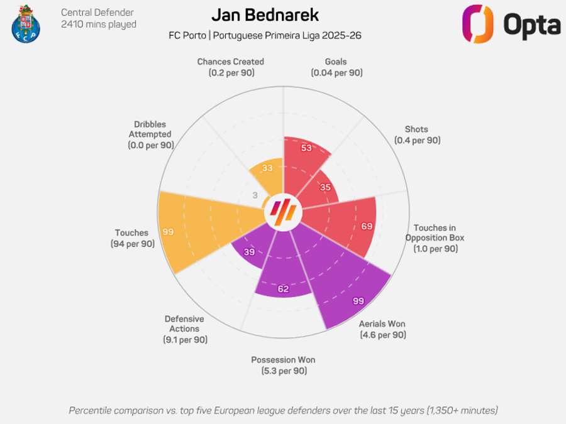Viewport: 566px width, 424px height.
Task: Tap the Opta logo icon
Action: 478,24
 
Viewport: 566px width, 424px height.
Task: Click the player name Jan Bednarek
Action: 265,15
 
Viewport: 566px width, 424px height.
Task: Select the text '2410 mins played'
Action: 99,24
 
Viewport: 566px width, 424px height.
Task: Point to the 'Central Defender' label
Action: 97,13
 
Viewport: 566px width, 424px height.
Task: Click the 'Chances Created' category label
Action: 230,62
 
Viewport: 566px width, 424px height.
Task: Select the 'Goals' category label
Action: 336,62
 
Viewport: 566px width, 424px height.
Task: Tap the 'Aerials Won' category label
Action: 382,324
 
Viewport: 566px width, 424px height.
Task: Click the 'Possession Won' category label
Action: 283,360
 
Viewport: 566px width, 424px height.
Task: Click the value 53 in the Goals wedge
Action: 307,148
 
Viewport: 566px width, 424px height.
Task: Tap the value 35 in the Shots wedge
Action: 325,187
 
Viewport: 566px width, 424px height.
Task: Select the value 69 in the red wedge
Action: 367,226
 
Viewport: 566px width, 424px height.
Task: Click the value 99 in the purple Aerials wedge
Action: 358,301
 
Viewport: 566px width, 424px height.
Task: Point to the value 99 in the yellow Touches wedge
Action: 168,232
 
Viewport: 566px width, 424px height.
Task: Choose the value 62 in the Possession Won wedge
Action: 283,289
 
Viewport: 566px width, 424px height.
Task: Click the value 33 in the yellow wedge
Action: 267,168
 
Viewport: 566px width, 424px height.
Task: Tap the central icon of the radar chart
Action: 283,214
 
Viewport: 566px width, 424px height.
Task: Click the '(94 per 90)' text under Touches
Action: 133,244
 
